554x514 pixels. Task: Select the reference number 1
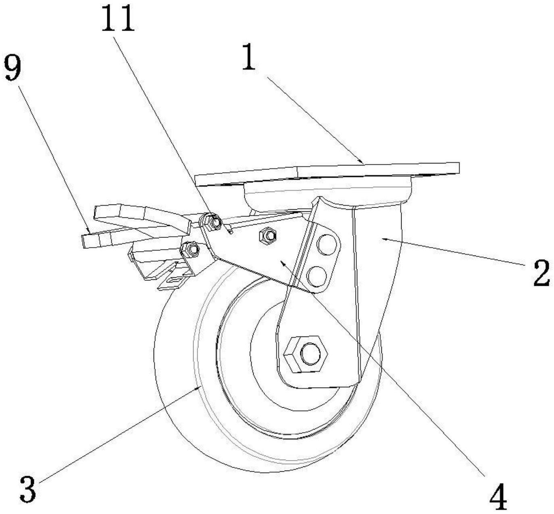click(x=249, y=58)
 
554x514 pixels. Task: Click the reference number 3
click(x=27, y=488)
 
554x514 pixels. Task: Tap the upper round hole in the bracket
click(x=327, y=245)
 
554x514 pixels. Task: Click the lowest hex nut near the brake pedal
click(x=190, y=249)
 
